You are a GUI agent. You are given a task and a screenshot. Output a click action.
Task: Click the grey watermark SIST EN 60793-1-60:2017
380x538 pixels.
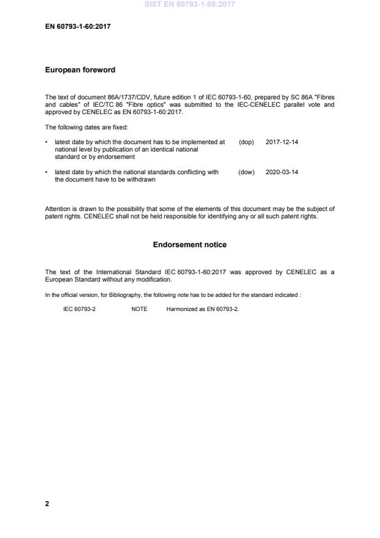189,5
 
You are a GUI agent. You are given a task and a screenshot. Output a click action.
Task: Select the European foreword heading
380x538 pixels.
80,70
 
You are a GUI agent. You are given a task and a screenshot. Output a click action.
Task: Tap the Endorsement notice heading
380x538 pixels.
189,245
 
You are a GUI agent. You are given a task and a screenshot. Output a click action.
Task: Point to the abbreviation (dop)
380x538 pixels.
246,142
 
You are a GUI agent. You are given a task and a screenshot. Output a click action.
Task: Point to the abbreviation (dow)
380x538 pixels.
246,172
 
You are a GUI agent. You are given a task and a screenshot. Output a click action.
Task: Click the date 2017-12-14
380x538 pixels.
282,142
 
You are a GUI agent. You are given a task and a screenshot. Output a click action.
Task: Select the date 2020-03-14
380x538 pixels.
282,172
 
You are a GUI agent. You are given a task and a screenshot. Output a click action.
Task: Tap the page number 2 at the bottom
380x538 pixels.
47,504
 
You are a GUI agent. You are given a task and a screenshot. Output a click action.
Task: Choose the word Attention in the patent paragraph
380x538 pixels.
58,209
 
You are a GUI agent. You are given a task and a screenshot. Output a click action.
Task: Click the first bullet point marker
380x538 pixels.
47,142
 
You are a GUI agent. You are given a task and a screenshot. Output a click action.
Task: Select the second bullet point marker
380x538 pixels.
47,172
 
